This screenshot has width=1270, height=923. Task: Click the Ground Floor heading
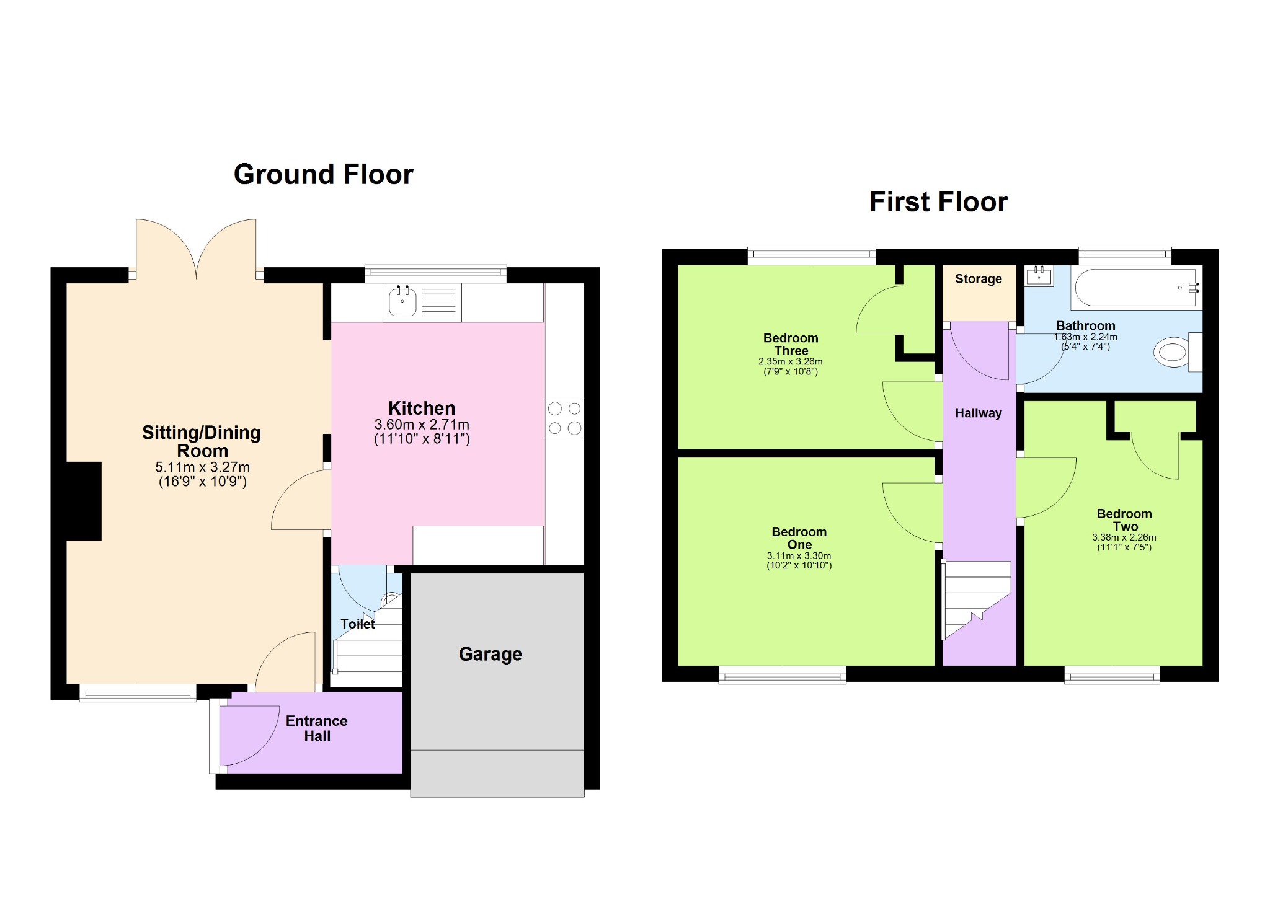coord(323,175)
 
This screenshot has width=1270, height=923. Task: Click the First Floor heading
coord(938,202)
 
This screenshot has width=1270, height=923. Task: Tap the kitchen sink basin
coord(402,302)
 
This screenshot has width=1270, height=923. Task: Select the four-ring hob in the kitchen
coord(565,418)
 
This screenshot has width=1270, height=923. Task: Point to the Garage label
coord(491,655)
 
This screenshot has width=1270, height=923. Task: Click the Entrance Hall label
coord(317,728)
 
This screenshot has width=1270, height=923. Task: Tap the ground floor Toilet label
coord(358,624)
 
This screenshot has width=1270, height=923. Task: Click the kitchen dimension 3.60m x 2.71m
coord(422,425)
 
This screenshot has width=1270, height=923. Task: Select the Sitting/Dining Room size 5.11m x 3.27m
coord(203,467)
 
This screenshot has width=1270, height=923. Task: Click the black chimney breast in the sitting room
coord(84,501)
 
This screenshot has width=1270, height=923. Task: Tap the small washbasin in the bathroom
coord(1039,276)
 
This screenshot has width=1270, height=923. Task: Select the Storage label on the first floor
coord(979,279)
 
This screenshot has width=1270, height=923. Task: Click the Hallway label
coord(979,413)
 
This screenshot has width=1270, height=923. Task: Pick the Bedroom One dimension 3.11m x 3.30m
coord(799,556)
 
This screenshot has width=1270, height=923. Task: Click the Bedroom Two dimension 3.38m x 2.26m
coord(1124,537)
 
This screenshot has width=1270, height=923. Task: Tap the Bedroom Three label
coord(791,345)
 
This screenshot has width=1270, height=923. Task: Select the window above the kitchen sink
coord(435,273)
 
